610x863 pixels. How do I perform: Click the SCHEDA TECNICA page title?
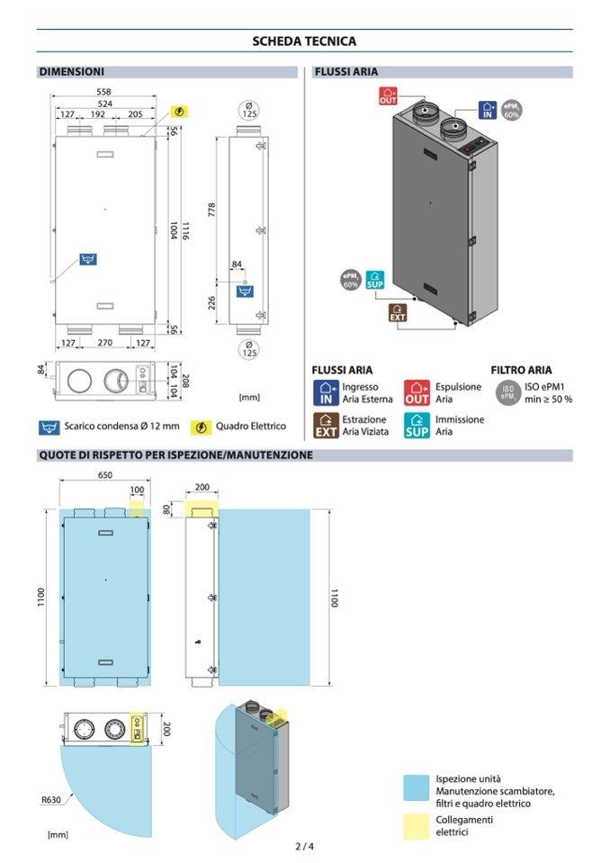click(x=304, y=41)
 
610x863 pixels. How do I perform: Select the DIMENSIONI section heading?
click(x=71, y=72)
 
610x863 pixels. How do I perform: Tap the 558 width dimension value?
click(x=104, y=92)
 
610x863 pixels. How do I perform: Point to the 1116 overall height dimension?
click(x=185, y=230)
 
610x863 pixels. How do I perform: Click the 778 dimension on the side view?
click(x=211, y=211)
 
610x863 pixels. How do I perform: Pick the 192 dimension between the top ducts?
click(x=98, y=114)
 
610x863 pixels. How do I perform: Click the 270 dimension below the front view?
click(x=105, y=343)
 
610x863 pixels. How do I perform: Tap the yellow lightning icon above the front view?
click(x=179, y=112)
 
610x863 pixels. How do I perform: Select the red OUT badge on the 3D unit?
click(x=388, y=96)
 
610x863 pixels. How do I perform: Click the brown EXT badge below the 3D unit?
click(x=398, y=312)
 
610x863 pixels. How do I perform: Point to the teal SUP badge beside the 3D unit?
click(x=374, y=280)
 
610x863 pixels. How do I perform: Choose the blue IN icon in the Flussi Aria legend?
click(x=327, y=393)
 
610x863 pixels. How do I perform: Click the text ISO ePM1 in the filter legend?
click(x=544, y=387)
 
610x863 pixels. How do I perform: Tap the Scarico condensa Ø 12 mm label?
click(x=121, y=426)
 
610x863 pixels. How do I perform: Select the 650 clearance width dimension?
click(x=105, y=475)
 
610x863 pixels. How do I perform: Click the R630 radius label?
click(x=51, y=800)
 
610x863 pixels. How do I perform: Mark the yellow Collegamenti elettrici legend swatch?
click(x=416, y=826)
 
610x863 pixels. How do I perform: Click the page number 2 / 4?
click(x=304, y=847)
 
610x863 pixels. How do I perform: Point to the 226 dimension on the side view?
click(x=211, y=302)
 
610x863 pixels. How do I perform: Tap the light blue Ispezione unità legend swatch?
click(x=416, y=787)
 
